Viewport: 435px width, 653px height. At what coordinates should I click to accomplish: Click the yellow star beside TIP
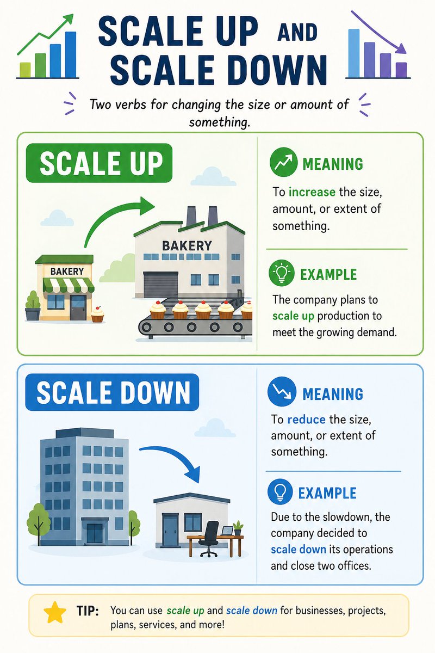pos(54,614)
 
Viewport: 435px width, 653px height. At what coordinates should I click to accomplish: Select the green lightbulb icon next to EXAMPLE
pos(282,273)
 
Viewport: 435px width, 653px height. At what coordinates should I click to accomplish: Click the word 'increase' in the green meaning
pos(312,192)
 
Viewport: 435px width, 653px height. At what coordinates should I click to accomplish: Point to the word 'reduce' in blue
pos(306,420)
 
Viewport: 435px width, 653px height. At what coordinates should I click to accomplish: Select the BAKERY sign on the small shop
pos(67,271)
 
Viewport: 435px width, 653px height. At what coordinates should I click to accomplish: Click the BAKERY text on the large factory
pos(187,246)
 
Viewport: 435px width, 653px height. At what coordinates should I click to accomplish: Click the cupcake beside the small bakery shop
pos(97,313)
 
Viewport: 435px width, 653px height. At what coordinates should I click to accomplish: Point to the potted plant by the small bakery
pos(33,306)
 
